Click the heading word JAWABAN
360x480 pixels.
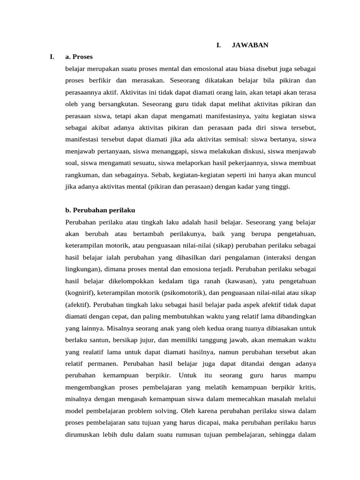click(250, 45)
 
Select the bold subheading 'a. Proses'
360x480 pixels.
click(79, 57)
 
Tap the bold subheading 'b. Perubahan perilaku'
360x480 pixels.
click(100, 210)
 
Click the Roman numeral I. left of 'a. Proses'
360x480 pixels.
click(52, 57)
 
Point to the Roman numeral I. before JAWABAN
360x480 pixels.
click(218, 45)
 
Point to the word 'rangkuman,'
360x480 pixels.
click(82, 175)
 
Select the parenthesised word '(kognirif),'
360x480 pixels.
click(83, 293)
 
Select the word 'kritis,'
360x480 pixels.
click(306, 388)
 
